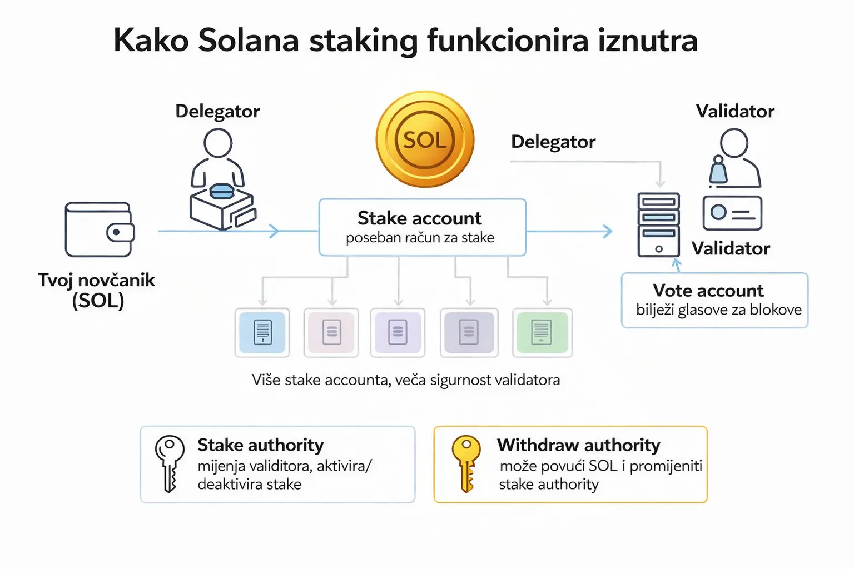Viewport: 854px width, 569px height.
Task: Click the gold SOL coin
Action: [425, 139]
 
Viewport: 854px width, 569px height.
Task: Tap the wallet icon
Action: [100, 229]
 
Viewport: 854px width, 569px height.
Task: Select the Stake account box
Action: [422, 227]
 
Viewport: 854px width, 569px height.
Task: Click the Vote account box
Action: [714, 300]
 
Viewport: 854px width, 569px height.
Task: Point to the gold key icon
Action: [466, 463]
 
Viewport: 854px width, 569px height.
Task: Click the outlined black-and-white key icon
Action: [169, 463]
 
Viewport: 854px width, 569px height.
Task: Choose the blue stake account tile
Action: [262, 332]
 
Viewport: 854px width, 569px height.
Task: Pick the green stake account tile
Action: [542, 332]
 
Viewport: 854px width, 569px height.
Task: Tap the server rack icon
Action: [658, 224]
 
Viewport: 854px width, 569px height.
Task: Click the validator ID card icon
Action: [732, 213]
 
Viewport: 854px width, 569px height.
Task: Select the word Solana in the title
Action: [249, 41]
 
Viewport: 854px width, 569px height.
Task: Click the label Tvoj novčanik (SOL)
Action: [97, 290]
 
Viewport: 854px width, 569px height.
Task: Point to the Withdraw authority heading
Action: [578, 445]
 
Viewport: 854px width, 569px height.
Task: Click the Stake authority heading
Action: [260, 445]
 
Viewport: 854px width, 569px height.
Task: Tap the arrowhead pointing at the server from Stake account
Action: [608, 231]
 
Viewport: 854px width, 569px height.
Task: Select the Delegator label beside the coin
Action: [553, 142]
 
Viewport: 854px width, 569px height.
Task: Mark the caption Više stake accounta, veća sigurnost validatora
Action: [405, 380]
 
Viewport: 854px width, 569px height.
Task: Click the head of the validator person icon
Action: [734, 143]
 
